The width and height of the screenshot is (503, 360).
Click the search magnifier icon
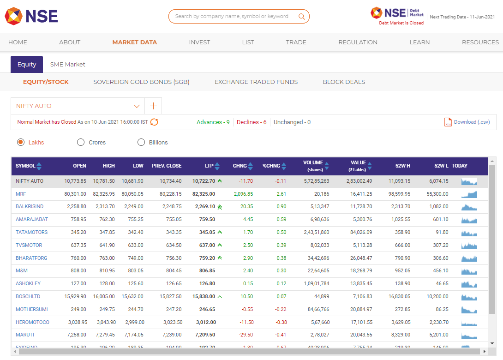302,17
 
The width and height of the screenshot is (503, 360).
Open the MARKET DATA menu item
134,42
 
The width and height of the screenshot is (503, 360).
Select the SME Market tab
68,65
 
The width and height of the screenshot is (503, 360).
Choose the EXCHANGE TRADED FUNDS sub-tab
256,82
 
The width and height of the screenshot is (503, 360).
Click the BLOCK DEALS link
344,82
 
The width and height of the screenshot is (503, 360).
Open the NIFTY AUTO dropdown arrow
137,106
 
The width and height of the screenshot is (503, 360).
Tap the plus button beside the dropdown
153,106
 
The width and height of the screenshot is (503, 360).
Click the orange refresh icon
154,122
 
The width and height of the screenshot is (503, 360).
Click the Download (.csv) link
472,122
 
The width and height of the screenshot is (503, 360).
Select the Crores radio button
81,142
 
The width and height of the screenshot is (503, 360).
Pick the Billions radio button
141,142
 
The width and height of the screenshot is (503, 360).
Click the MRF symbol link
21,194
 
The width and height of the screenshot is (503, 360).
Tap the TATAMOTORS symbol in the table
31,232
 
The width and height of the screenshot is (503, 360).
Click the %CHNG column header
271,166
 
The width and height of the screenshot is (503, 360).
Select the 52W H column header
402,166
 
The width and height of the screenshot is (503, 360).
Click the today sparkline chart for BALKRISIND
469,207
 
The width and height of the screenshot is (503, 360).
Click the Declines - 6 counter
251,122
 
